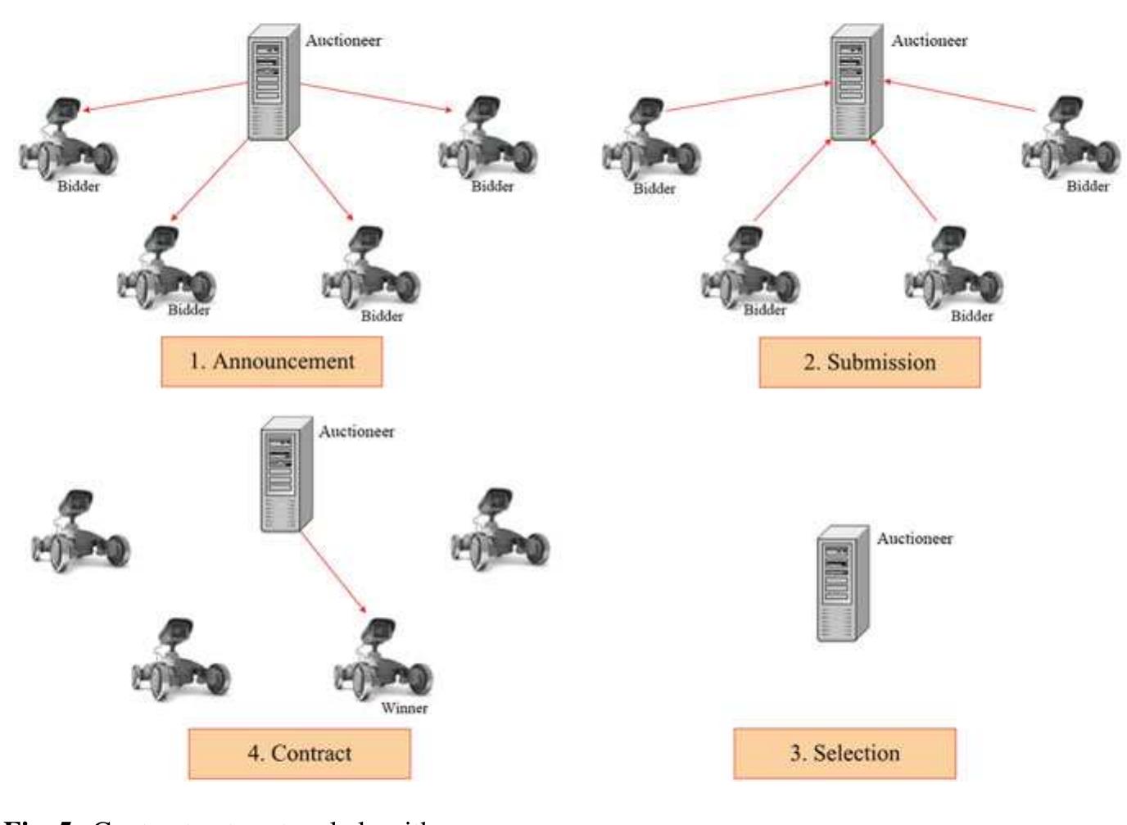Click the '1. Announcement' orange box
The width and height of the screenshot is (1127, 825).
(x=271, y=361)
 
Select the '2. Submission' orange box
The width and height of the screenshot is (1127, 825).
(x=869, y=362)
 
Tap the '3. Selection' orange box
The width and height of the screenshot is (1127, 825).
(x=844, y=753)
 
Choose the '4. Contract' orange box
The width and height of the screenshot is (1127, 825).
(x=299, y=753)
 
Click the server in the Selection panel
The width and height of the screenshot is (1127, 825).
(x=842, y=582)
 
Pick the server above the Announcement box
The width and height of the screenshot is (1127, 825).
(x=272, y=83)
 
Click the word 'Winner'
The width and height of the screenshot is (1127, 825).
(x=404, y=708)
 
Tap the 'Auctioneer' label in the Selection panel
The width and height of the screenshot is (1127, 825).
(x=914, y=538)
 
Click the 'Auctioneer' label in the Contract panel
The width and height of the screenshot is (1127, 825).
(x=356, y=431)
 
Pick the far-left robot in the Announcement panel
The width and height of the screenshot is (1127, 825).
(x=68, y=138)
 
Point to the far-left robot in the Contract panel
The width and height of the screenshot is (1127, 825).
(x=79, y=531)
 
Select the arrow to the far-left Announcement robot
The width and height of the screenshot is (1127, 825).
(x=164, y=97)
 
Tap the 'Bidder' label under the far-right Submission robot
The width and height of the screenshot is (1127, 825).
(x=1088, y=186)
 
